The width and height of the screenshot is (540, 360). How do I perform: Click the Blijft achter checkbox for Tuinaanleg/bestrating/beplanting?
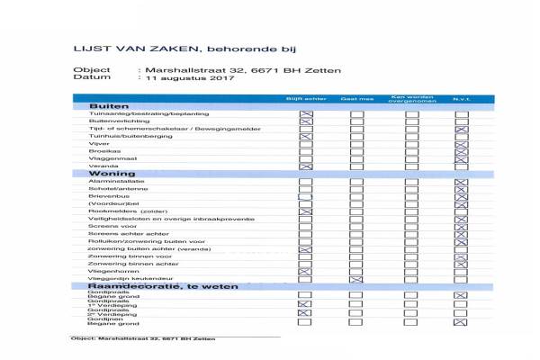tap(305, 114)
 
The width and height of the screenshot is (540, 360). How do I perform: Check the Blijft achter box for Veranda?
tap(305, 166)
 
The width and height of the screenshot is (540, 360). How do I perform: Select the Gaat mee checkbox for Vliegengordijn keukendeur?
tap(356, 280)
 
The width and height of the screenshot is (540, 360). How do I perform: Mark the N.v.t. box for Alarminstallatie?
tap(462, 182)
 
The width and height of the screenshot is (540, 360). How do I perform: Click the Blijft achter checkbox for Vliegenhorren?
tap(305, 271)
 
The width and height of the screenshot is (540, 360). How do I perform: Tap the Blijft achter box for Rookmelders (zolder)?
tap(305, 211)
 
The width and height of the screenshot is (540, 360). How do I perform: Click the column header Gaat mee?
tap(355, 98)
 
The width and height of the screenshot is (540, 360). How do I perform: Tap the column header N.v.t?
tap(462, 98)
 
